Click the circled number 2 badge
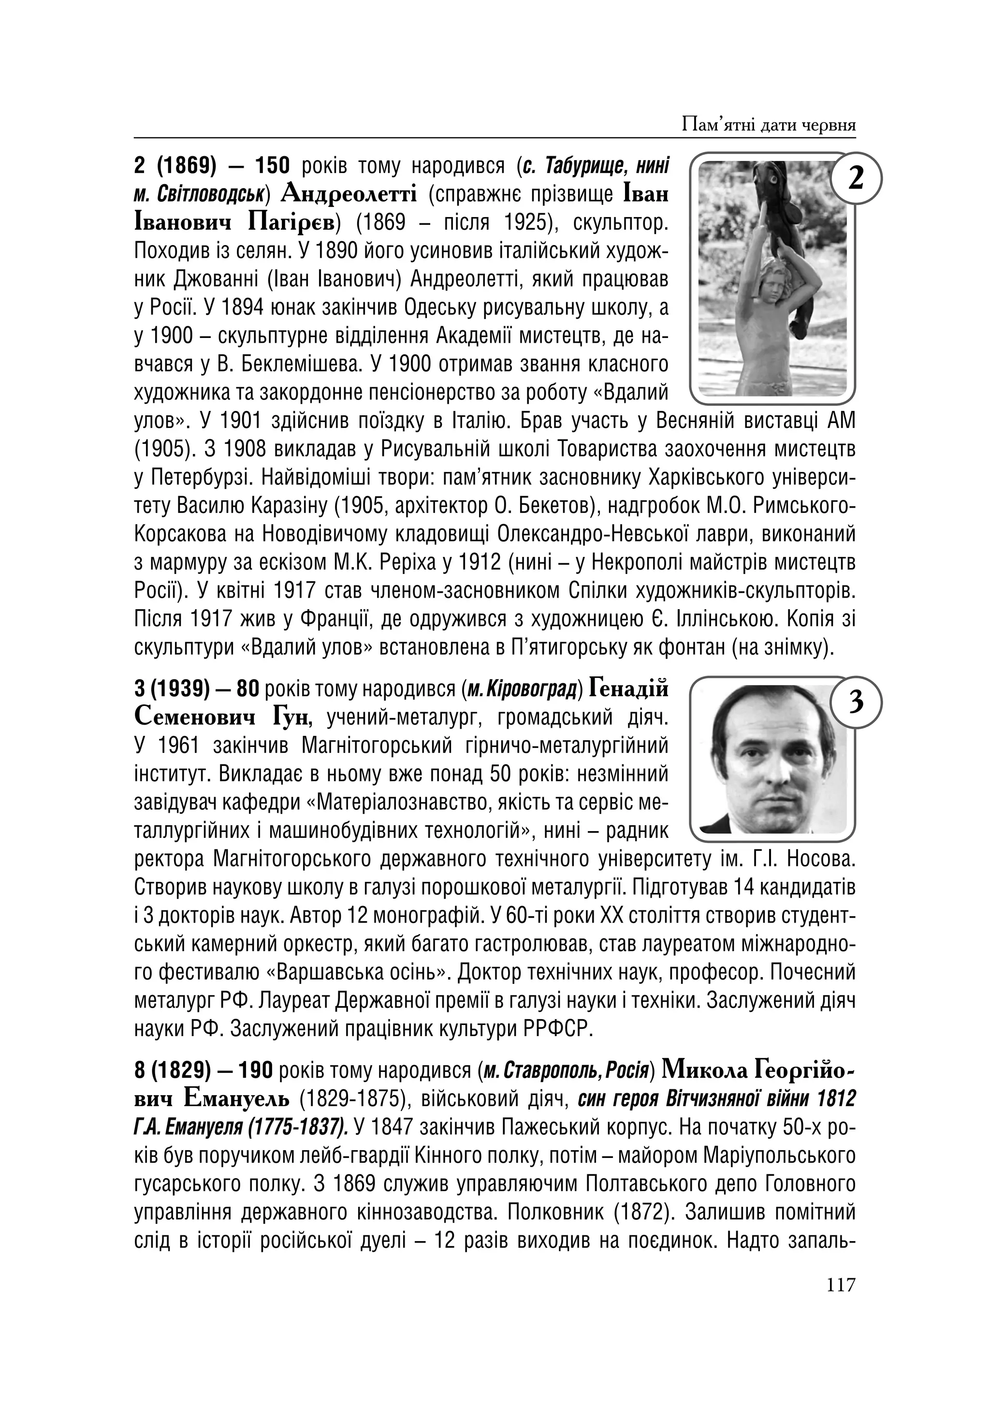[x=856, y=179]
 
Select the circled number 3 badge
[x=856, y=702]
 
